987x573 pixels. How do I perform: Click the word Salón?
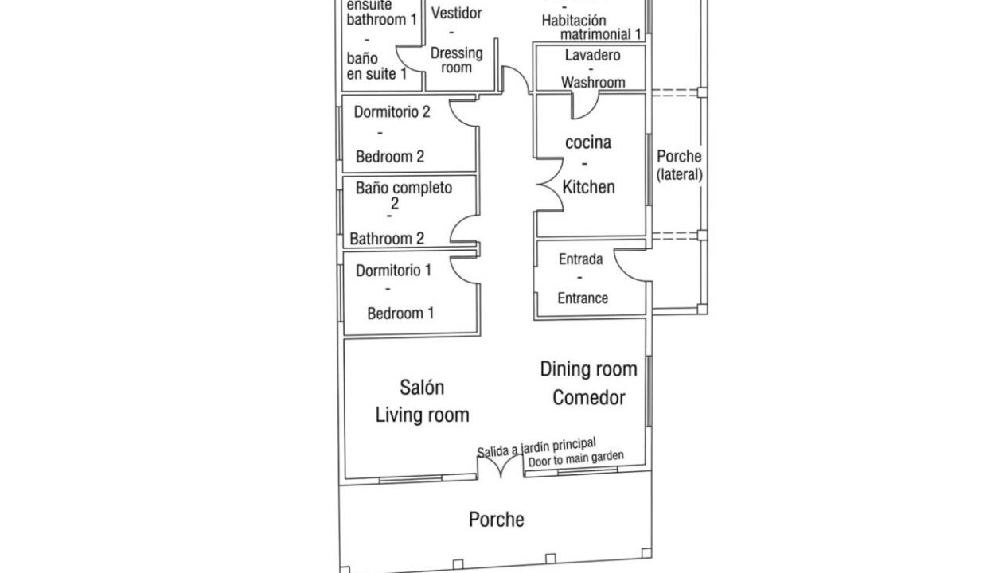coord(422,388)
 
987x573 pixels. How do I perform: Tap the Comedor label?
coord(589,398)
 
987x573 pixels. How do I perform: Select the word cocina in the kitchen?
coord(588,142)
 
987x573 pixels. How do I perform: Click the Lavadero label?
coord(593,55)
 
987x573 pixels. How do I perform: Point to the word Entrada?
coord(581,259)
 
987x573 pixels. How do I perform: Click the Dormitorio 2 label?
coord(392,112)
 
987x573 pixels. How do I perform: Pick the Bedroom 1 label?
coord(400,313)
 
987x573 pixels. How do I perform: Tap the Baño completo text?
coord(404,189)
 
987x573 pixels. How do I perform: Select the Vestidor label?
coord(457,14)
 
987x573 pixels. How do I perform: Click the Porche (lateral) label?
coord(680,166)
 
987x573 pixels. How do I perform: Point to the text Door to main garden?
coord(576,458)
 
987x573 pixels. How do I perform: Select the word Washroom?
coord(593,82)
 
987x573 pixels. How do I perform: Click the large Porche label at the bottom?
coord(496,520)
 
